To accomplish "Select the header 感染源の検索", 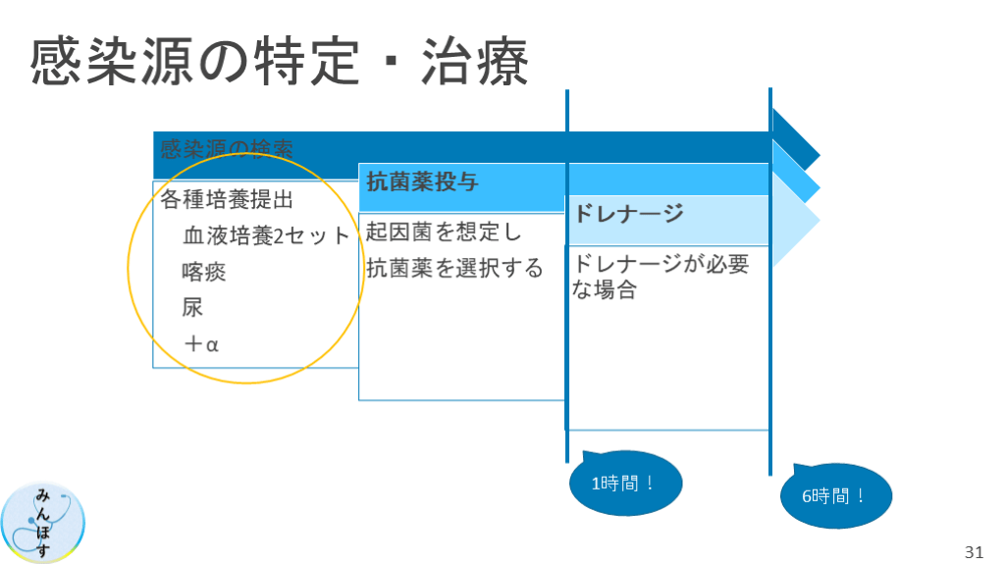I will [x=228, y=150].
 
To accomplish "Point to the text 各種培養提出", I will [x=227, y=200].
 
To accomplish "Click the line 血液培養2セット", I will [x=266, y=236].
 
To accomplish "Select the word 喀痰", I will [x=203, y=272].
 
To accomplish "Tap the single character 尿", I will [x=192, y=307].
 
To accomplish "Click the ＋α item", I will [x=201, y=343].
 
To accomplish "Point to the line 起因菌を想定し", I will [x=444, y=233].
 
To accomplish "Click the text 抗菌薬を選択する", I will [x=454, y=269].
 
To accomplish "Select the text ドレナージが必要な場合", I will [x=658, y=278].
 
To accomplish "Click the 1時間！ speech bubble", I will [x=624, y=484].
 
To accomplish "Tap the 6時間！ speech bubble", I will [x=836, y=496].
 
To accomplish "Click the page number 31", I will [x=974, y=549].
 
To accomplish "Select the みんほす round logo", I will [x=44, y=522].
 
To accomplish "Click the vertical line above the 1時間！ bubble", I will [x=567, y=294].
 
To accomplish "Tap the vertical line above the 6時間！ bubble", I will [x=770, y=294].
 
